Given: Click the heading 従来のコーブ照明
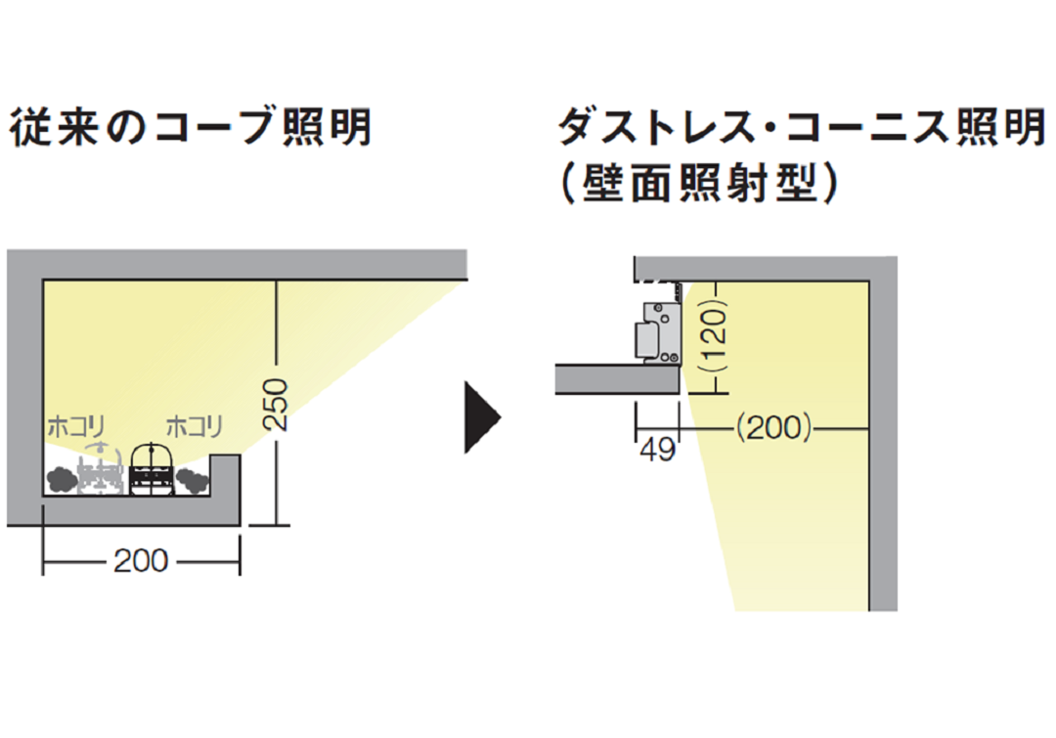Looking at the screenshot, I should pyautogui.click(x=191, y=128).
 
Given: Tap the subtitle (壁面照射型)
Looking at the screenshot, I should pyautogui.click(x=699, y=184).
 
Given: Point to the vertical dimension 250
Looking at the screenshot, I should pyautogui.click(x=277, y=404).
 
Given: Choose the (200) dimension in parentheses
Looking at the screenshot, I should pyautogui.click(x=772, y=427).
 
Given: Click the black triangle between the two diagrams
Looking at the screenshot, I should pyautogui.click(x=482, y=416).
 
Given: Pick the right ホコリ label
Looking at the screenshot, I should pyautogui.click(x=194, y=427).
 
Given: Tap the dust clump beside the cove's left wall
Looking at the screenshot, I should pyautogui.click(x=61, y=481).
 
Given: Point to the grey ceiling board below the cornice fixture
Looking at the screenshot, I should pyautogui.click(x=617, y=379).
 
